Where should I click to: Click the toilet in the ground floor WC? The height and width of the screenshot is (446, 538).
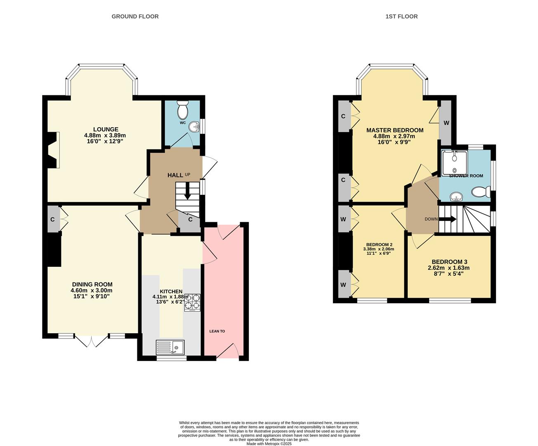coord(182,110)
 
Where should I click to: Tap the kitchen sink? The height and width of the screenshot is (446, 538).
coord(170,347)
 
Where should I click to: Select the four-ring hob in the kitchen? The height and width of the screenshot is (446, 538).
coord(192,302)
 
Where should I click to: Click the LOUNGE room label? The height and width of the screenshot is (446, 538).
coord(106,129)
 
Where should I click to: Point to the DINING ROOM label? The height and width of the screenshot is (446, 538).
coord(92,285)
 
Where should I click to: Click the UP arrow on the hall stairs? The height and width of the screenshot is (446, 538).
coord(187,192)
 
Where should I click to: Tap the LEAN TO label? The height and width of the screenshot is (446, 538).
coord(217,331)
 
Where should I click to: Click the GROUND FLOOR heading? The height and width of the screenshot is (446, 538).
coord(135,17)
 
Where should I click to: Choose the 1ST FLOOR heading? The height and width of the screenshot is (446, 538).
coord(401,17)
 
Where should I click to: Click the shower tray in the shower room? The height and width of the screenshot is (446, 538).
coord(454,162)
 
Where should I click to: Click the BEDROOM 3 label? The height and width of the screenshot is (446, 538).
coord(449,262)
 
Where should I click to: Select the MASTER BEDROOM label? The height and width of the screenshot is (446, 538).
coord(395,130)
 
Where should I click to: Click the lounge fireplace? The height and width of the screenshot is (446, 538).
coord(53,149)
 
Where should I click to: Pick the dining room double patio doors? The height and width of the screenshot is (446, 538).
coord(92,341)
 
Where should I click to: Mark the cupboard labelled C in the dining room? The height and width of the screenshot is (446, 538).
coord(53,219)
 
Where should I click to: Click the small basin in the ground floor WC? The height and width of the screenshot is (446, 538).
coord(193,128)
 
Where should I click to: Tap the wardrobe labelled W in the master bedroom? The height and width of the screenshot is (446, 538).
coord(446,123)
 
